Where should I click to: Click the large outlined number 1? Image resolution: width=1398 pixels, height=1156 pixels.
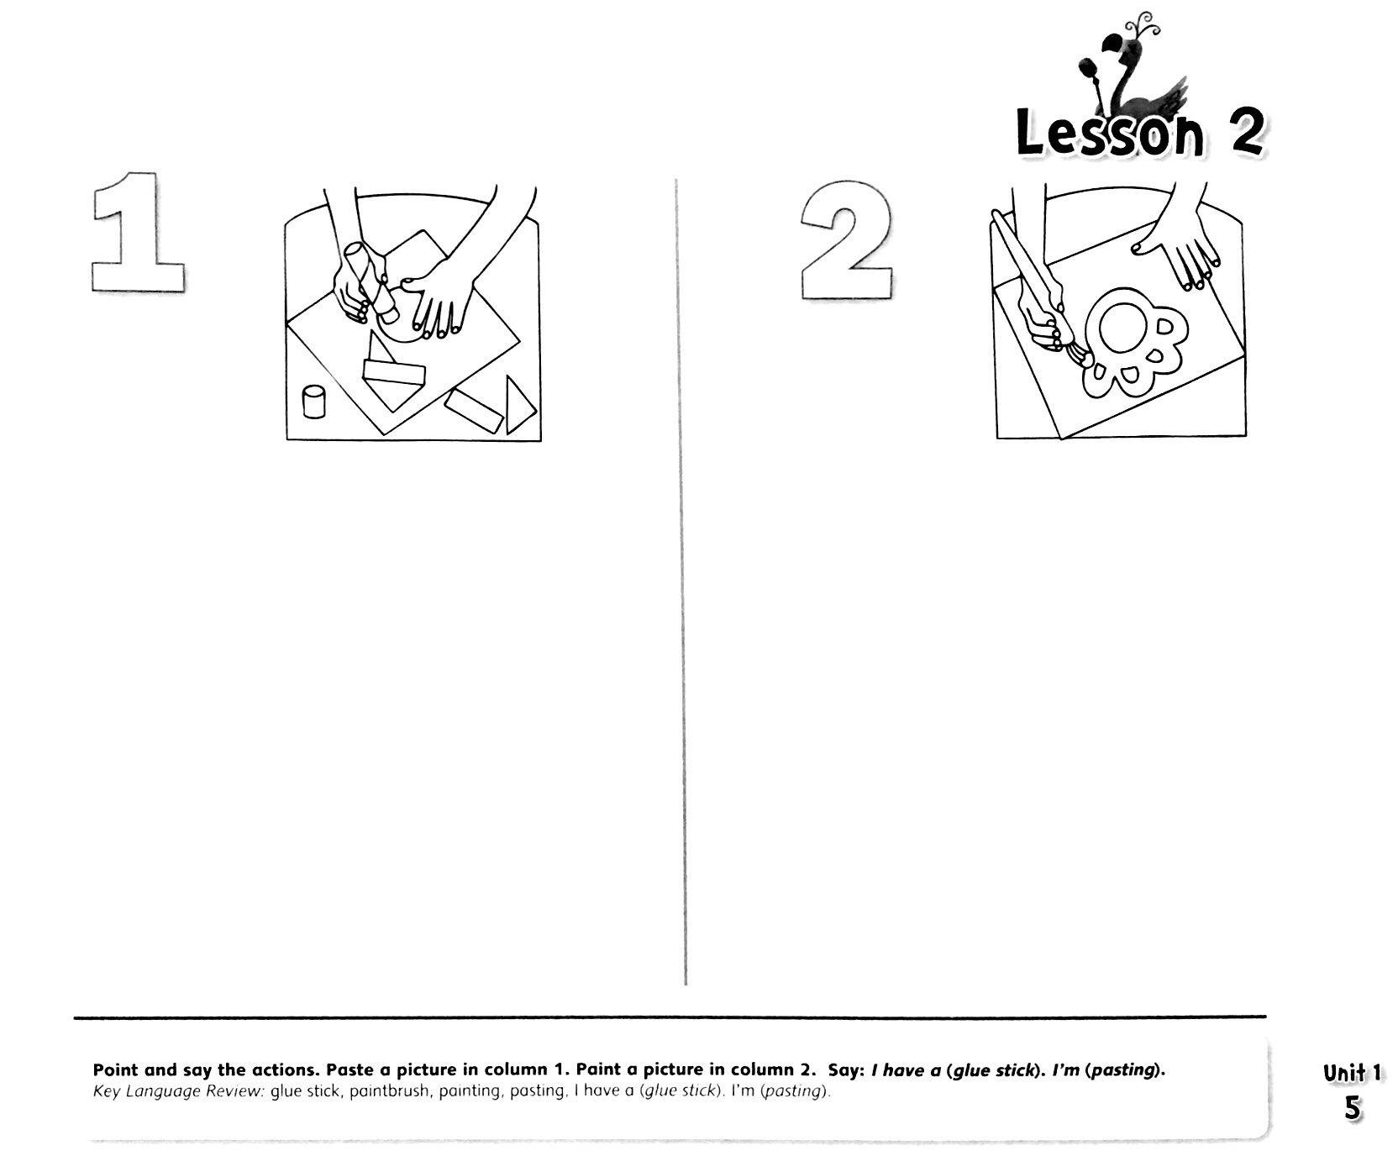point(139,233)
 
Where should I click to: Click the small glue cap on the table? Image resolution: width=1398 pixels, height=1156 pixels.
point(313,402)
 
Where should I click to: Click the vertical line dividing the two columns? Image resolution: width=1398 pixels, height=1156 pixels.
point(681,580)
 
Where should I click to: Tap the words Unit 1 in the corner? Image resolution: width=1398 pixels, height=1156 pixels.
point(1352,1073)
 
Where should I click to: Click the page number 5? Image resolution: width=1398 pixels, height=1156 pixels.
point(1352,1108)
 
